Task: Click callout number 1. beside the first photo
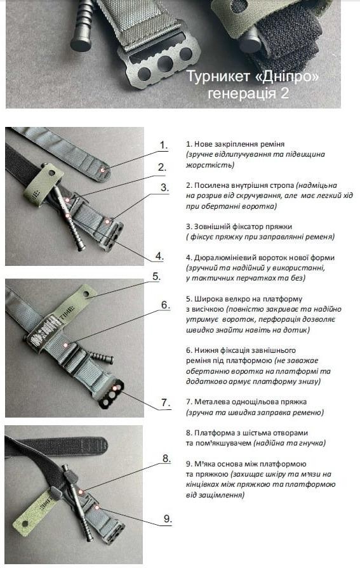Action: pyautogui.click(x=164, y=145)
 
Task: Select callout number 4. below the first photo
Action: pyautogui.click(x=159, y=256)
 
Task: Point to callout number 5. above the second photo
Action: pyautogui.click(x=156, y=277)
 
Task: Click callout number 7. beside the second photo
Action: pyautogui.click(x=166, y=402)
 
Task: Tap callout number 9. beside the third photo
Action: pyautogui.click(x=168, y=518)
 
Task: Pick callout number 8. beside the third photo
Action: pyautogui.click(x=166, y=459)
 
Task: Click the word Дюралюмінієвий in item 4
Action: pyautogui.click(x=223, y=258)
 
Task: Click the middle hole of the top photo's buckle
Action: pyautogui.click(x=165, y=63)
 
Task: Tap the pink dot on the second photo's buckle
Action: pyautogui.click(x=115, y=388)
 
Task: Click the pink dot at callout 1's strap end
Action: pyautogui.click(x=103, y=169)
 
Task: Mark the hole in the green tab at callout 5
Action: pyautogui.click(x=86, y=293)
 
